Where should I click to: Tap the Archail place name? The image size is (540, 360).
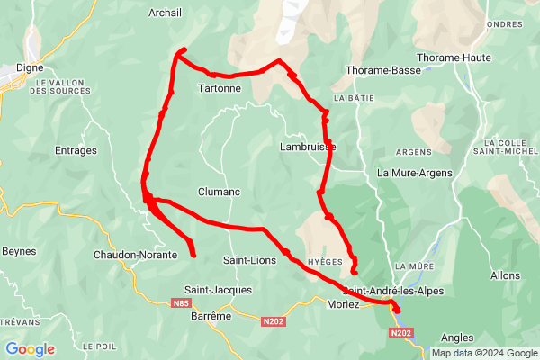coord(168,13)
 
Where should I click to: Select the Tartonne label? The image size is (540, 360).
coord(219,89)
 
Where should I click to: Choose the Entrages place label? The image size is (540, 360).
coord(76,150)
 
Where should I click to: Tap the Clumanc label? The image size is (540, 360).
coord(217,192)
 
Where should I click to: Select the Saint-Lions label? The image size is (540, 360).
coord(248,260)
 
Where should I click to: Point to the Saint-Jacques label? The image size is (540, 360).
coord(218,290)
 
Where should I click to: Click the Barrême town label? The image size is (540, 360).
coord(212,316)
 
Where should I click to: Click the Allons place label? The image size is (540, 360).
coord(505,274)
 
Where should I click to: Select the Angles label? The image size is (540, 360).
coord(458,337)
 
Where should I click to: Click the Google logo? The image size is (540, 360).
coord(31,349)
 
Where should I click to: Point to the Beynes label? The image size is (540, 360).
coord(17,251)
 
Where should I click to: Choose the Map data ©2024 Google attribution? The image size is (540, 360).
coord(483,353)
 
